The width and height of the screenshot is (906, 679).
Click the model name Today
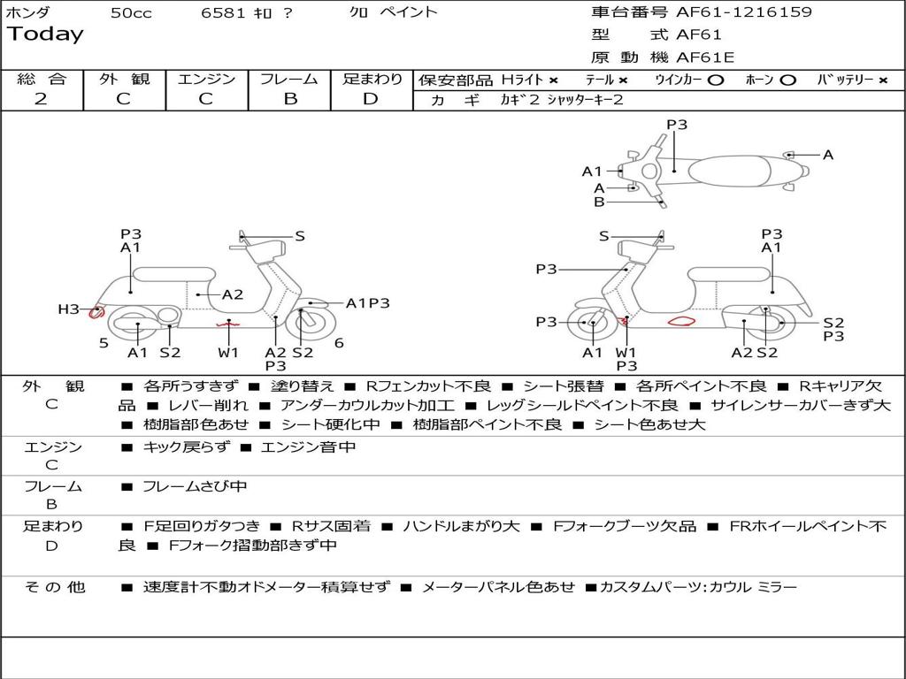point(45,34)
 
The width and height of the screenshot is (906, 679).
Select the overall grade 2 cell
point(41,99)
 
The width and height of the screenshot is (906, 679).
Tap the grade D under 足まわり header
point(371,99)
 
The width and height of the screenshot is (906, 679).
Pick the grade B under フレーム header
point(289,99)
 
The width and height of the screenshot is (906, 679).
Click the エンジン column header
point(206,79)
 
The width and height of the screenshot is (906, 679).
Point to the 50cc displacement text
point(130,12)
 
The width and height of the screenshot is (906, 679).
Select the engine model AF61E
point(705,58)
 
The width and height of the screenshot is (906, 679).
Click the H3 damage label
point(68,309)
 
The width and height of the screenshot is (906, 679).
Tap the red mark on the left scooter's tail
point(96,311)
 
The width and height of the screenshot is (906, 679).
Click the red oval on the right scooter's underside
point(681,322)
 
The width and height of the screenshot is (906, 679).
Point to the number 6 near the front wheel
point(339,342)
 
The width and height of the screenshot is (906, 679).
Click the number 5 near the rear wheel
point(104,342)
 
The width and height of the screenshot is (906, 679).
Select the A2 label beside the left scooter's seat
point(232,294)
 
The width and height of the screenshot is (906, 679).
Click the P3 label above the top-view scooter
point(677,125)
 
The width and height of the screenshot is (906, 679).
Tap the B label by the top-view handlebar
point(599,202)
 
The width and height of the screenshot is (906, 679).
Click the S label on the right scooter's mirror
point(604,236)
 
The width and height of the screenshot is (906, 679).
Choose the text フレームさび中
point(195,486)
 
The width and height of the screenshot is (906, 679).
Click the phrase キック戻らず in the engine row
point(186,447)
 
